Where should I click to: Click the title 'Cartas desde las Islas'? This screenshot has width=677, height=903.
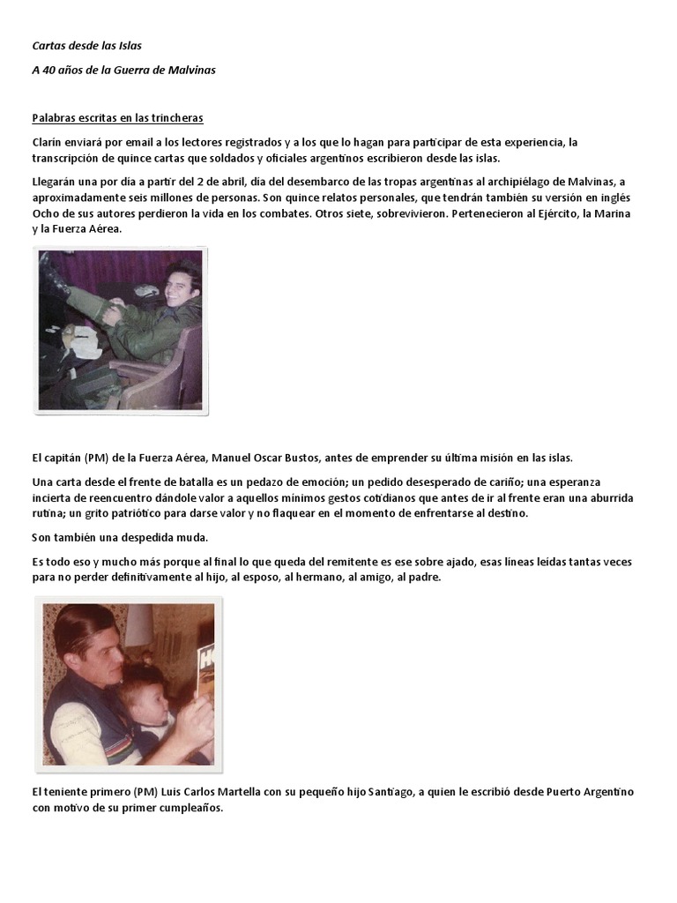86,45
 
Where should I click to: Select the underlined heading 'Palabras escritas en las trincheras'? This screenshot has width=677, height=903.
118,117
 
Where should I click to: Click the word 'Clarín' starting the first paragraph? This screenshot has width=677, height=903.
47,142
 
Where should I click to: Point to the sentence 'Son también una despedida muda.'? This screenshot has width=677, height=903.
120,537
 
